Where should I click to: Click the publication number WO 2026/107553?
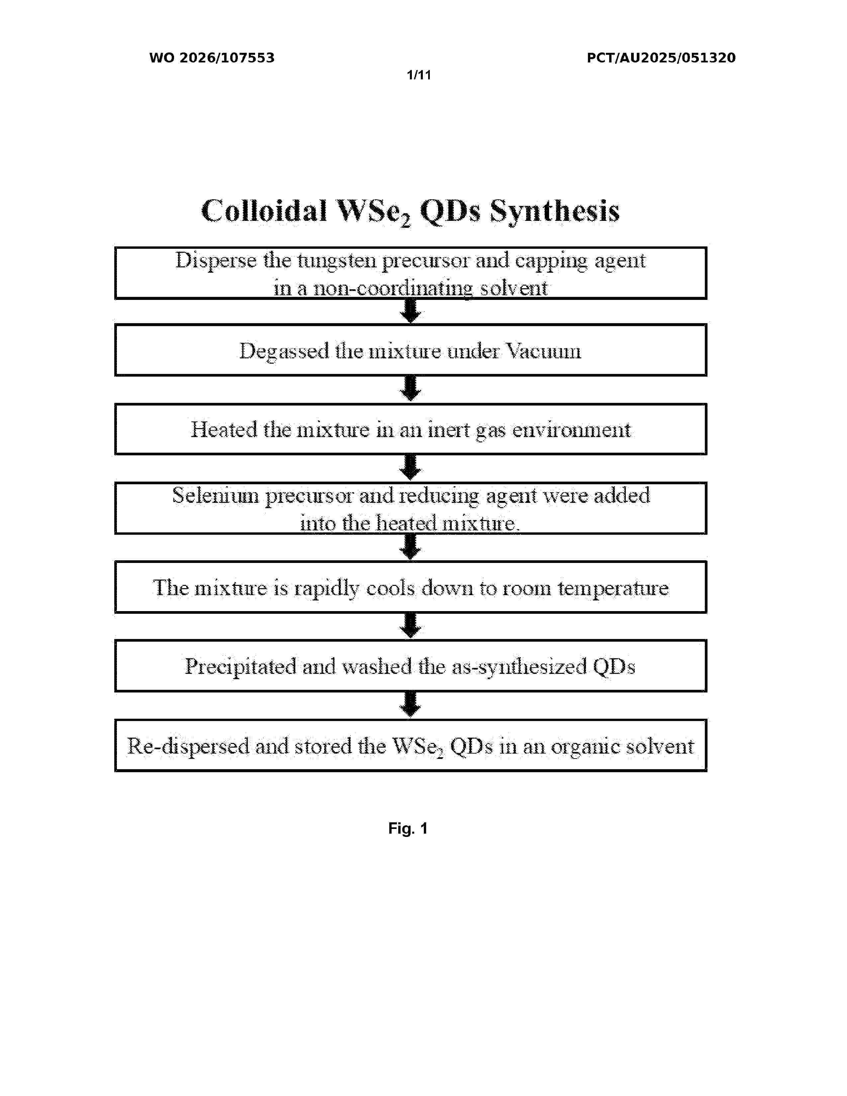tap(212, 58)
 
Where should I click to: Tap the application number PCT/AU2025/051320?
tap(661, 58)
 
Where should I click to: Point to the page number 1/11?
tap(419, 75)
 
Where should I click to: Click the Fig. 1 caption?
tap(408, 829)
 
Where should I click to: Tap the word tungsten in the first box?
tap(337, 260)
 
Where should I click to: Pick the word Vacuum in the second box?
tap(543, 351)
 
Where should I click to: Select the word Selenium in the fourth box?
tap(216, 496)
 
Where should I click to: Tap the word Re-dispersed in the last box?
tap(188, 747)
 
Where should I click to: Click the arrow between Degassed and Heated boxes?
tap(411, 389)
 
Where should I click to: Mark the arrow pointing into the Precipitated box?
tap(411, 626)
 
